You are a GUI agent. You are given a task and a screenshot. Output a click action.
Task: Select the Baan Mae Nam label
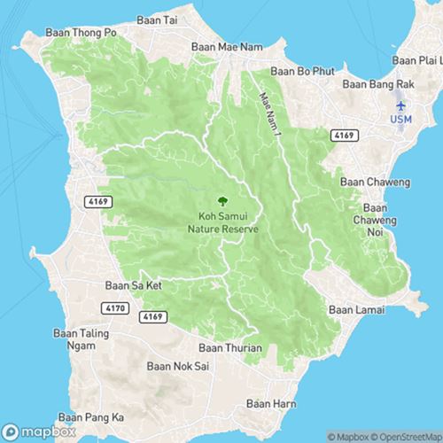pos(216,51)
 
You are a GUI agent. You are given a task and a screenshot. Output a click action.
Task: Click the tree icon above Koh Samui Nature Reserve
pos(221,200)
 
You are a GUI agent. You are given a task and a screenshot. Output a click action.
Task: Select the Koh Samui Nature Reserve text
pos(221,221)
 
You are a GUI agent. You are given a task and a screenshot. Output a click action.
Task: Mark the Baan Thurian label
pos(230,348)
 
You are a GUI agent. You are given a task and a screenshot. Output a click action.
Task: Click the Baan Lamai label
pos(354,310)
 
